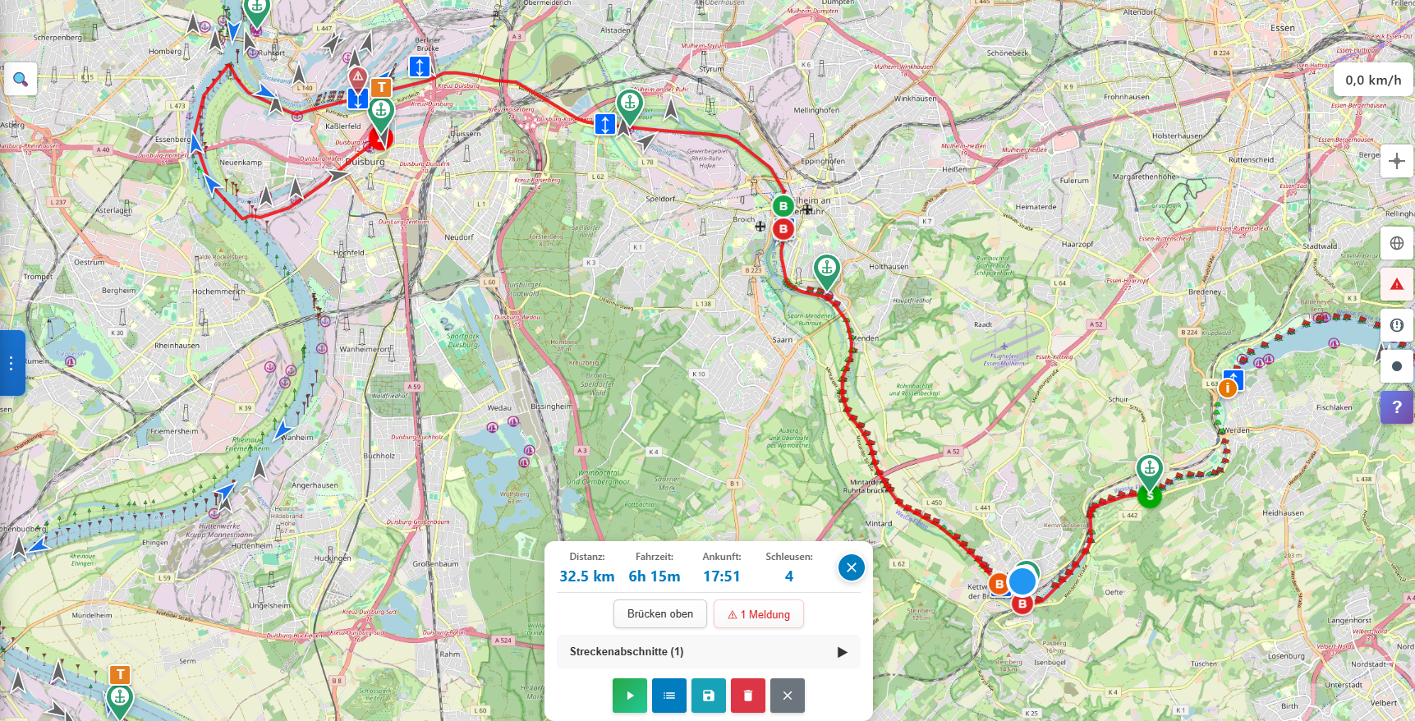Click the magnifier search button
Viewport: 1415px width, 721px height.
coord(21,80)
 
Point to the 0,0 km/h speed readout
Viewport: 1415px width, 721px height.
coord(1372,80)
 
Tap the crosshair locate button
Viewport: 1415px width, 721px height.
coord(1396,161)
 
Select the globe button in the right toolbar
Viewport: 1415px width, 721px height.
coord(1396,243)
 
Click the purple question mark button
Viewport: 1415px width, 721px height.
coord(1396,407)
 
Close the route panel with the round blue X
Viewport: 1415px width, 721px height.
coord(851,567)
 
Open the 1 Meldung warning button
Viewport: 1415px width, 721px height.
coord(758,614)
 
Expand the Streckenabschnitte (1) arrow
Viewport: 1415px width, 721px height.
coord(842,652)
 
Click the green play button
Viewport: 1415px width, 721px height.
coord(630,696)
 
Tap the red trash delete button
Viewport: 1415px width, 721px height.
coord(747,696)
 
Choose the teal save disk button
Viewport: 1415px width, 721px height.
coord(708,696)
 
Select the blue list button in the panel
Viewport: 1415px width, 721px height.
coord(669,696)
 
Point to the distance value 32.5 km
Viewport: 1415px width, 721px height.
coord(586,576)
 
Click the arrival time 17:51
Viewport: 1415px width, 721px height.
coord(721,576)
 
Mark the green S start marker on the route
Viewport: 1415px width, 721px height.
coord(1150,496)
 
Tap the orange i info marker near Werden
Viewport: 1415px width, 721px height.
coord(1228,388)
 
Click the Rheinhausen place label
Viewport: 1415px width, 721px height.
coord(177,346)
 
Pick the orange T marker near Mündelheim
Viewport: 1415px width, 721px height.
coord(120,675)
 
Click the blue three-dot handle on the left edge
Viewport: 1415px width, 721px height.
coord(11,363)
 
